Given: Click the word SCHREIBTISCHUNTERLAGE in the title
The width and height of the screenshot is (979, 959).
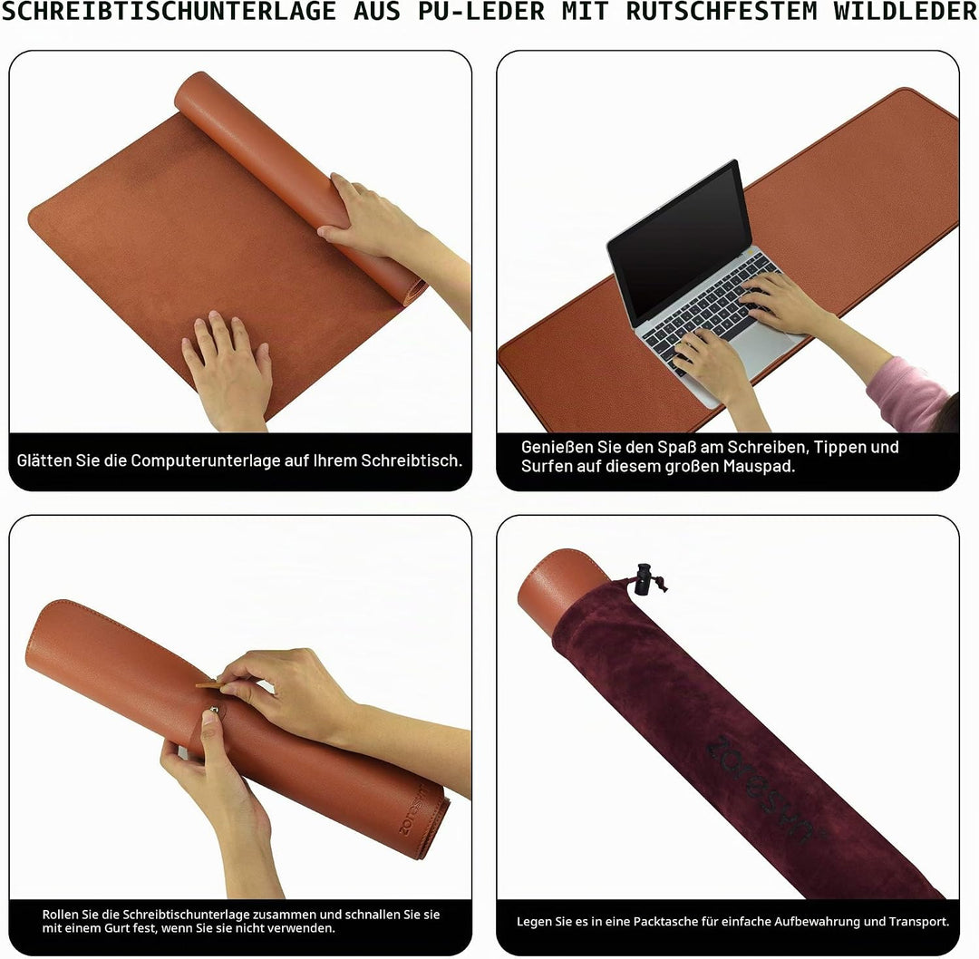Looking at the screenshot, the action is click(x=169, y=11).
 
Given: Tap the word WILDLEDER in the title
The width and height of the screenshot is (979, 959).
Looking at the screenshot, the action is click(x=906, y=11).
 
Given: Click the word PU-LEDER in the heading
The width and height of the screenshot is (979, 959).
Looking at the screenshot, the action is click(x=481, y=11).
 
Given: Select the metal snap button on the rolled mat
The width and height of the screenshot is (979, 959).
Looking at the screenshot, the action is click(x=214, y=710).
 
